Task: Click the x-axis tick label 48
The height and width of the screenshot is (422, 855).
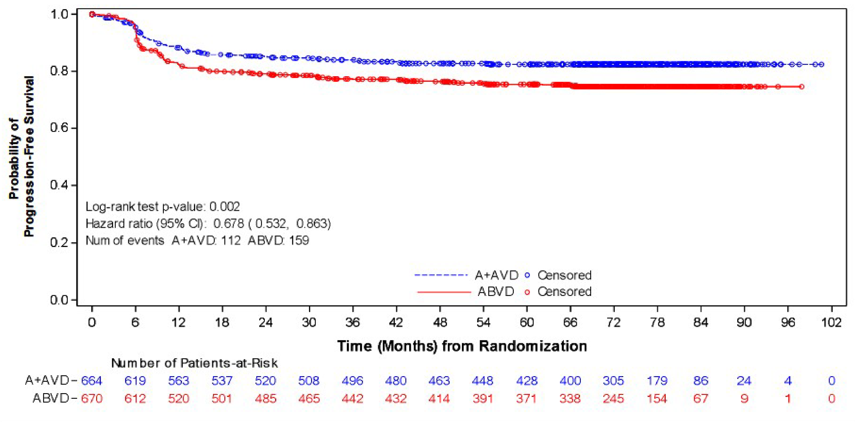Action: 439,323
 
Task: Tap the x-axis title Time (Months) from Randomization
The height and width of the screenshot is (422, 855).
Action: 462,346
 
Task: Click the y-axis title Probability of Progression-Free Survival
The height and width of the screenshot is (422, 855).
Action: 21,156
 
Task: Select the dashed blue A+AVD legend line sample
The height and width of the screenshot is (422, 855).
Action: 441,275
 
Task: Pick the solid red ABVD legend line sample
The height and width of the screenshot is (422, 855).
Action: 444,292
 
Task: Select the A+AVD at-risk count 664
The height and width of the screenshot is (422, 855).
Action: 92,380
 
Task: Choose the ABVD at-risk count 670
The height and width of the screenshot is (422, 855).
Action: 92,398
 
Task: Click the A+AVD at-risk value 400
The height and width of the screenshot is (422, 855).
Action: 570,380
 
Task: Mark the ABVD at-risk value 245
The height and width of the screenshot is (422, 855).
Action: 613,398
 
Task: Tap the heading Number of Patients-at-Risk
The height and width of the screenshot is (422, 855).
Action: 194,363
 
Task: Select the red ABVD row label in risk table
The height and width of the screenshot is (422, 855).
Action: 50,398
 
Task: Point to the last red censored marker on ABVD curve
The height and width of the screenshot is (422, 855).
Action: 802,87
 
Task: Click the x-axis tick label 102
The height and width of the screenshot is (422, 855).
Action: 831,323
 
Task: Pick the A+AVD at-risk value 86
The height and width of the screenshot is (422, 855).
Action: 701,380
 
